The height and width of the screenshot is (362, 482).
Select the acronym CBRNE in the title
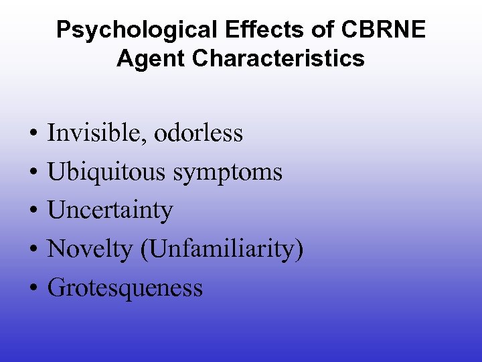(x=389, y=30)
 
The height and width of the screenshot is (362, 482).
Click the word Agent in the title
(x=152, y=58)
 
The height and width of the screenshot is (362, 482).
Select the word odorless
(x=199, y=133)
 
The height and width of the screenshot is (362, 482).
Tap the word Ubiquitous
(x=107, y=172)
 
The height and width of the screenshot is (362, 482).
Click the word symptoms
(x=228, y=173)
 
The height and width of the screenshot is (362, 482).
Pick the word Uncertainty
(x=110, y=210)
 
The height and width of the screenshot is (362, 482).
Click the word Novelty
(x=90, y=249)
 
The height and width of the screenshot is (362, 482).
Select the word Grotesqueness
(x=125, y=288)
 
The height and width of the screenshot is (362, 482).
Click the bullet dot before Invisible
(x=32, y=134)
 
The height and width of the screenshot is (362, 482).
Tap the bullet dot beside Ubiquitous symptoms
(x=32, y=173)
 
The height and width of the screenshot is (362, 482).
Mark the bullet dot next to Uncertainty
(x=32, y=212)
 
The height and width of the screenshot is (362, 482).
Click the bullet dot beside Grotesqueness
(x=32, y=289)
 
